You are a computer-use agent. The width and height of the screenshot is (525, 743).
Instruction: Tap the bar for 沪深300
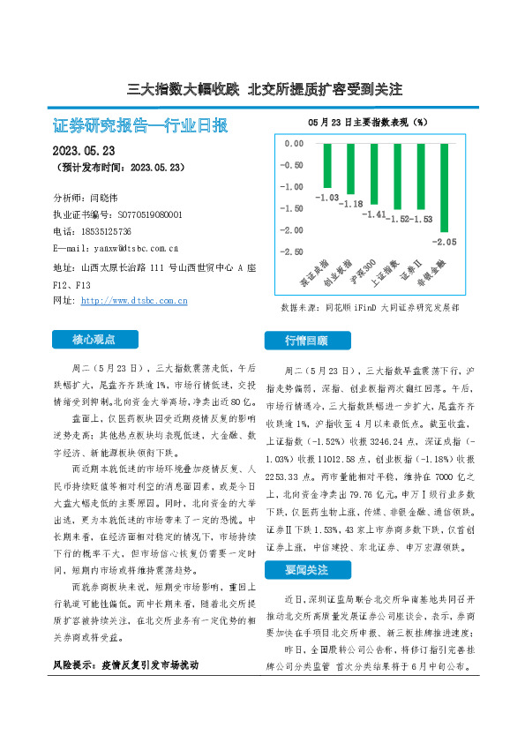(x=373, y=173)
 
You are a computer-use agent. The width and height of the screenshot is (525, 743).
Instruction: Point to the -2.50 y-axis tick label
(x=291, y=252)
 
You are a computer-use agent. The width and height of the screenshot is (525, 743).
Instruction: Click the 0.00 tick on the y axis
(x=293, y=143)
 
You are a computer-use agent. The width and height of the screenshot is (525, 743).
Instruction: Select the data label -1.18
(x=352, y=204)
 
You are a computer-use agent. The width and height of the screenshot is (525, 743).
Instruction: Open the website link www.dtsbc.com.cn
(x=134, y=301)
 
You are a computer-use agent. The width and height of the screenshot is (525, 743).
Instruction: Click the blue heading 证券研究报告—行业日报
(x=140, y=126)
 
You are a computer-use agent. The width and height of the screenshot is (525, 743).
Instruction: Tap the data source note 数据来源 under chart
(x=369, y=308)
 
